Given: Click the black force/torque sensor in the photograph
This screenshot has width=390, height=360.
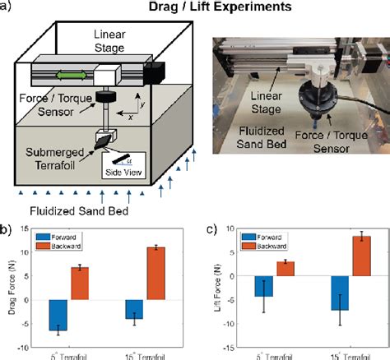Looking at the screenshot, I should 314,107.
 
